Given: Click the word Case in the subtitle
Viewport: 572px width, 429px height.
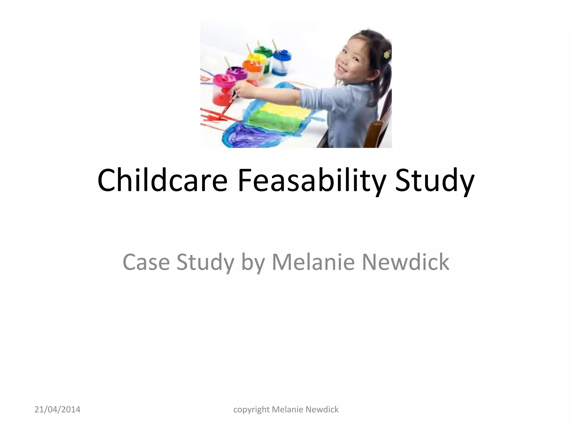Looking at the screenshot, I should pyautogui.click(x=146, y=262).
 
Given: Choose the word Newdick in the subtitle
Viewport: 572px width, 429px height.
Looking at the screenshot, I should pyautogui.click(x=406, y=262).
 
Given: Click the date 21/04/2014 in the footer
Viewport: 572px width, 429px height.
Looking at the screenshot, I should pyautogui.click(x=57, y=410).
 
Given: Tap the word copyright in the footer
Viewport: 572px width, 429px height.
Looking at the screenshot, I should pyautogui.click(x=251, y=410).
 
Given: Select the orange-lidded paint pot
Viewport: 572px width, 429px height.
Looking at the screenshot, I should pyautogui.click(x=252, y=71).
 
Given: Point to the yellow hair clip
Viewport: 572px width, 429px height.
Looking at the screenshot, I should pyautogui.click(x=387, y=54).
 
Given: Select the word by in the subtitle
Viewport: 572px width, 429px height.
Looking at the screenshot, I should pyautogui.click(x=252, y=262).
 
